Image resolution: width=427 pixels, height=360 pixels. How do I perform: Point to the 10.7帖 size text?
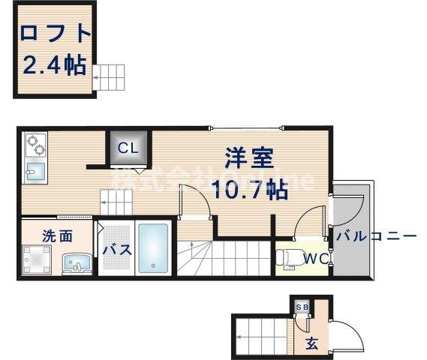point(251,189)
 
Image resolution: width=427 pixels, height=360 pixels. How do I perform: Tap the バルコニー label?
point(375,236)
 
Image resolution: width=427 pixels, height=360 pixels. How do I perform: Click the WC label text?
point(313,260)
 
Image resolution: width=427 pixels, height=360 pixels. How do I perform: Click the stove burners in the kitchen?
point(35,142)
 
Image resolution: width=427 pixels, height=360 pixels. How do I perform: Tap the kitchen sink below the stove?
point(35,168)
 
